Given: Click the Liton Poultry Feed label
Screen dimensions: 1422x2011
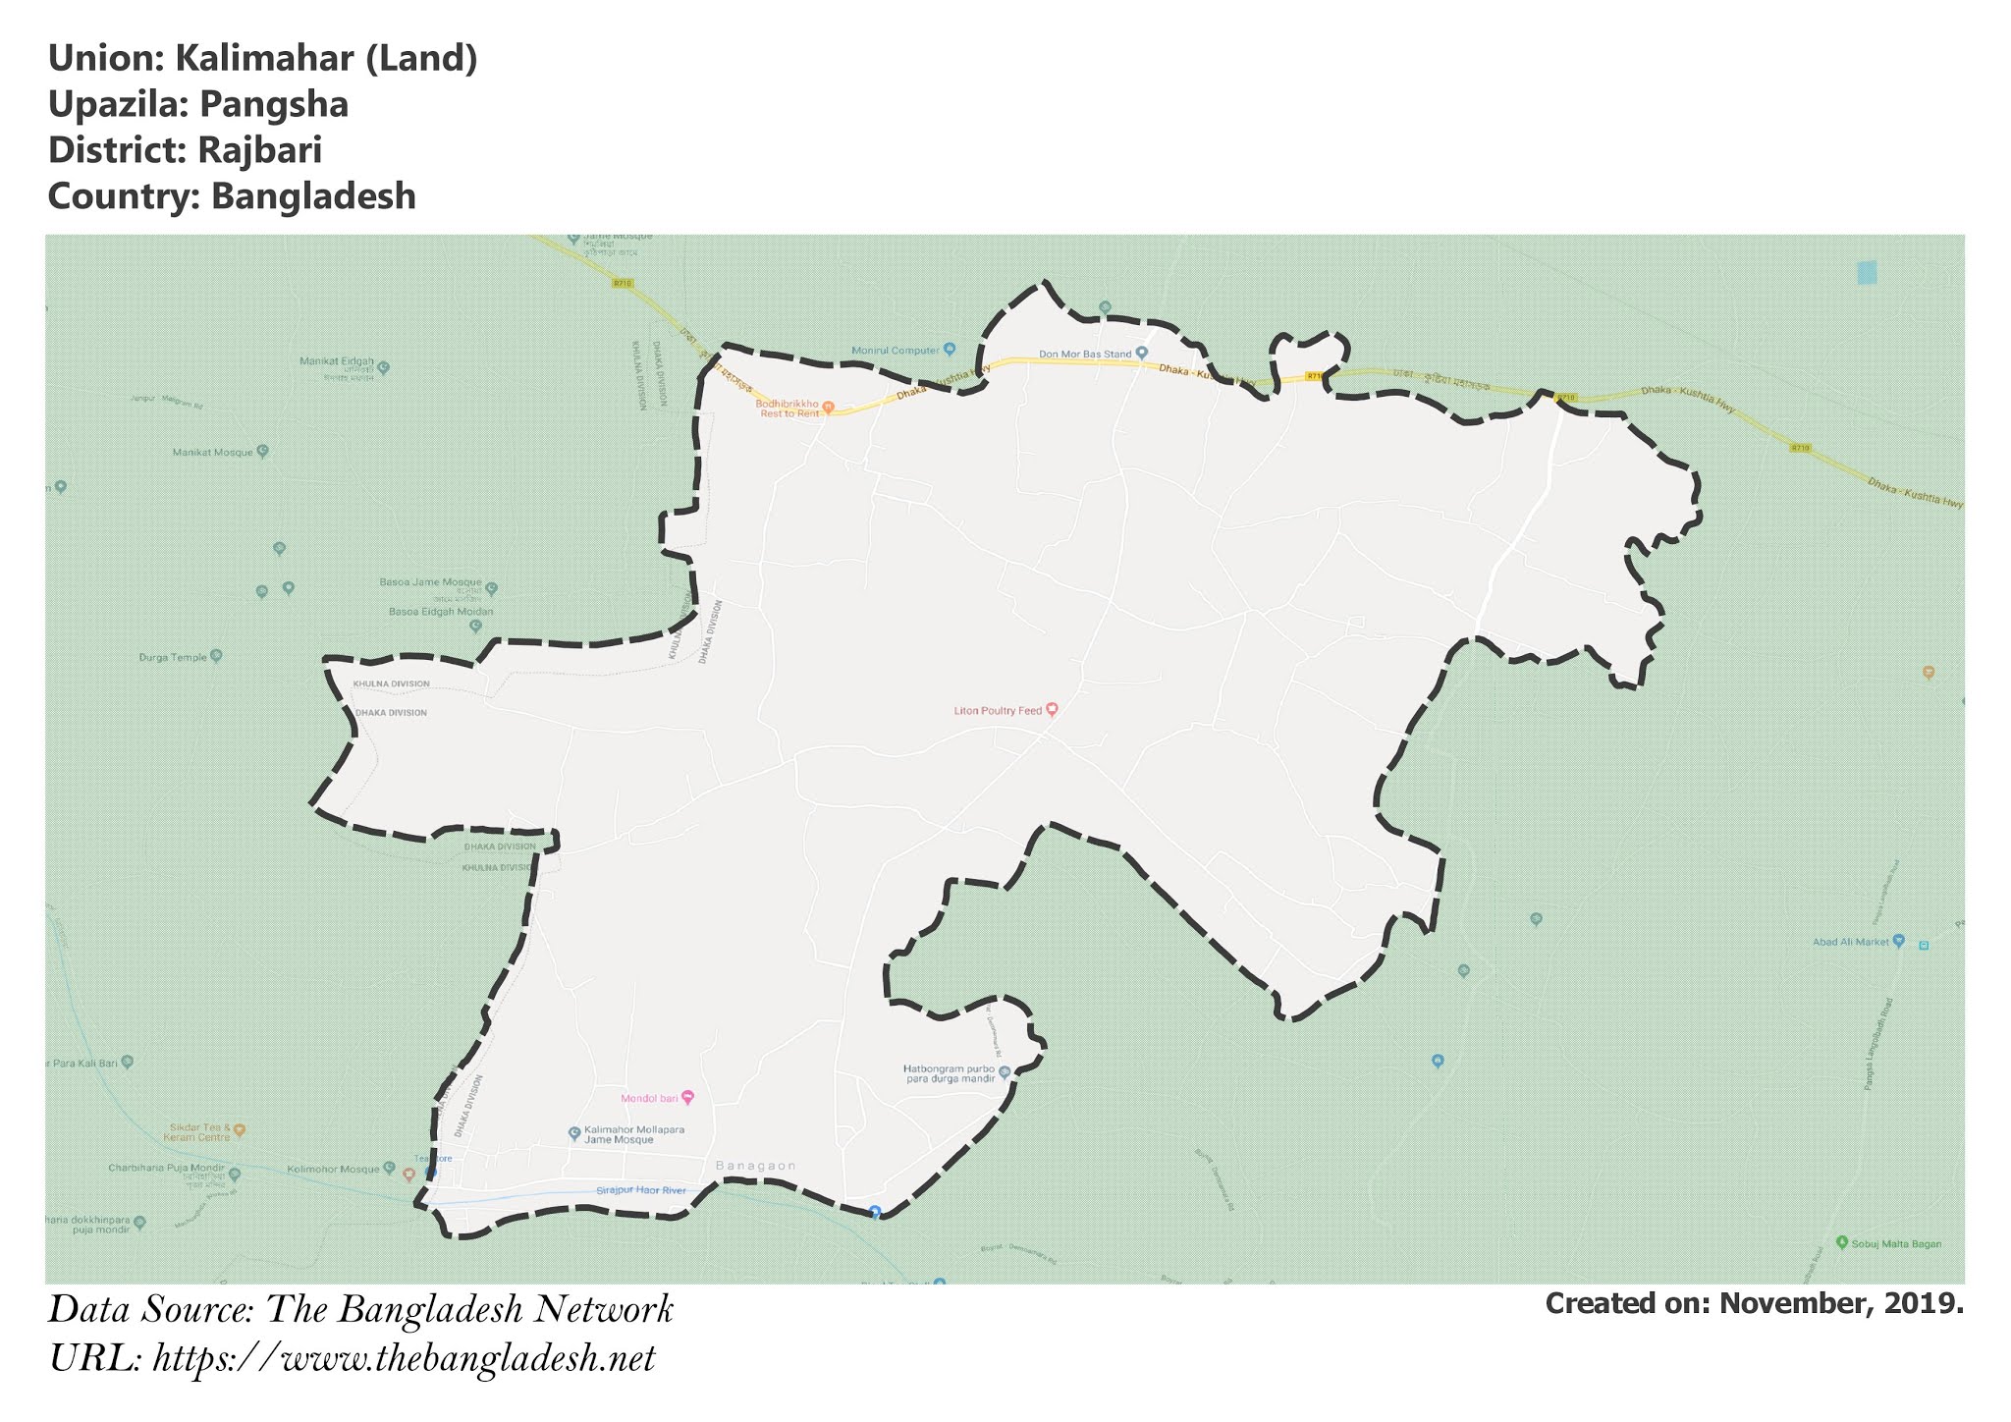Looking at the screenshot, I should click(x=998, y=710).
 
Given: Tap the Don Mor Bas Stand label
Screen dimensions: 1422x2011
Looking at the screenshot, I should click(x=1085, y=354).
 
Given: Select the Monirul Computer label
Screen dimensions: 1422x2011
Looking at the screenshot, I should click(x=895, y=350).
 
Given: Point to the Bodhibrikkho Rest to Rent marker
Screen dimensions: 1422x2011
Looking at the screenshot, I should click(x=828, y=406).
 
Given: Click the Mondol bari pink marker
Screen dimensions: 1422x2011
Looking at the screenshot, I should click(x=687, y=1097).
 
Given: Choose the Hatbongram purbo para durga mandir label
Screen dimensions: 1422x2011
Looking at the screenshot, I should click(x=949, y=1073).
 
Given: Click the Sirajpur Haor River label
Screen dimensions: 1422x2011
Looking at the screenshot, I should click(x=640, y=1190).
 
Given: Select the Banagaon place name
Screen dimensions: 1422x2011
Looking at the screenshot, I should click(x=755, y=1166).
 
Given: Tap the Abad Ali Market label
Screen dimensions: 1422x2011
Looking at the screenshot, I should click(x=1850, y=942).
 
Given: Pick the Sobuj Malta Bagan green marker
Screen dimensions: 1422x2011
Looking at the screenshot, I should click(x=1842, y=1242).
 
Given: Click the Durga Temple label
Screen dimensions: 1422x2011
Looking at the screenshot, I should click(x=173, y=657).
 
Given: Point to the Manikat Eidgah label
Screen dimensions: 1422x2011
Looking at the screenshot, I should click(x=337, y=361).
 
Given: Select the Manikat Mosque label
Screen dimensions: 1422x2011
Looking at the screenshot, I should click(x=212, y=452).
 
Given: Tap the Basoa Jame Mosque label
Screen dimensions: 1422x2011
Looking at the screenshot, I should click(x=430, y=582).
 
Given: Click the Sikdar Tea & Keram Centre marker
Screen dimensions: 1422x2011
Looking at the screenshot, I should click(x=239, y=1130).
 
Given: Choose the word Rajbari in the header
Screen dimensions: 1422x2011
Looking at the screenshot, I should click(x=259, y=150).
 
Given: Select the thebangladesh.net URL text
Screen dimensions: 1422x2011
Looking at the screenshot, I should click(x=404, y=1359).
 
